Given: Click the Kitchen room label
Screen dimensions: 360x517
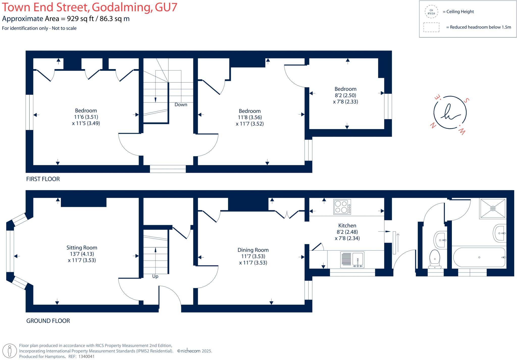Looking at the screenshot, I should point(347,226).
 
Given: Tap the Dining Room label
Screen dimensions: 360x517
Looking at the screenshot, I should point(253,250).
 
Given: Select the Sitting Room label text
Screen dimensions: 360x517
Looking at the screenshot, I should point(82,248).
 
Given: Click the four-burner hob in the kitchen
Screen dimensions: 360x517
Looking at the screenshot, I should point(342,207).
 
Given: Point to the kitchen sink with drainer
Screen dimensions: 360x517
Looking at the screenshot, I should point(352,259).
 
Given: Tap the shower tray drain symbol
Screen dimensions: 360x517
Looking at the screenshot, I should point(493,208).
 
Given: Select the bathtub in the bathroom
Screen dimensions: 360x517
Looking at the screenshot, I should point(479,257).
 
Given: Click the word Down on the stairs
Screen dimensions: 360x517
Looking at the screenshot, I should point(181,105).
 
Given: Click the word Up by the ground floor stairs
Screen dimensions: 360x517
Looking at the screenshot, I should point(155,276).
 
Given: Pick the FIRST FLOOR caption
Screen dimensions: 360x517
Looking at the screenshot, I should point(43,179).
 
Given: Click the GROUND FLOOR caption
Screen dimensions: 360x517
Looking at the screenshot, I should point(48,321).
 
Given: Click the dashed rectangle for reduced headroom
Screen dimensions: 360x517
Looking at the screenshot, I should point(431,27).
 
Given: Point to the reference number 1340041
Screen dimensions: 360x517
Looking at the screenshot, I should point(86,356).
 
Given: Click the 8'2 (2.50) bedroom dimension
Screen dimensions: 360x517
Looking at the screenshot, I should point(345,95).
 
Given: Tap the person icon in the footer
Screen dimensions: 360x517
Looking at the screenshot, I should point(10,351).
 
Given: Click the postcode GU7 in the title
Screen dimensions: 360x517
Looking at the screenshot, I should point(166,7).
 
